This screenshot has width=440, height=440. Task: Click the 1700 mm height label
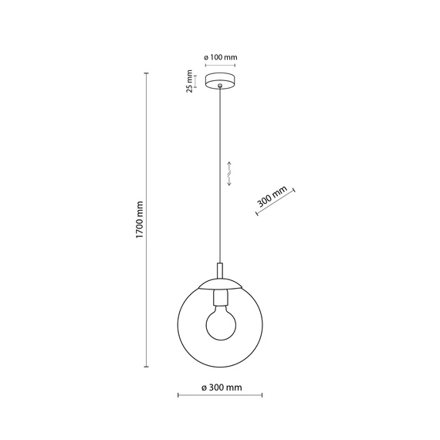(140, 218)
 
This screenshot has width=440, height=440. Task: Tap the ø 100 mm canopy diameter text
(220, 58)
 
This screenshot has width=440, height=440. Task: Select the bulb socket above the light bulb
(220, 296)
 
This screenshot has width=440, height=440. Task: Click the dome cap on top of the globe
(220, 282)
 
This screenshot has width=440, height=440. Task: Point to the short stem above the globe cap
(220, 269)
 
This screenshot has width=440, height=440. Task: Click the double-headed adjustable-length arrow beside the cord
(229, 174)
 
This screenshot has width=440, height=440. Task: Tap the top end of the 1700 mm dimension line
(147, 74)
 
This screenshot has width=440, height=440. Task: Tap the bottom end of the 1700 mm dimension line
(147, 367)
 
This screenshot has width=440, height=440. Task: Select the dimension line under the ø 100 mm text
(220, 66)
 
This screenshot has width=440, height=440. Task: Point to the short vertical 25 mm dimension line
(197, 80)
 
